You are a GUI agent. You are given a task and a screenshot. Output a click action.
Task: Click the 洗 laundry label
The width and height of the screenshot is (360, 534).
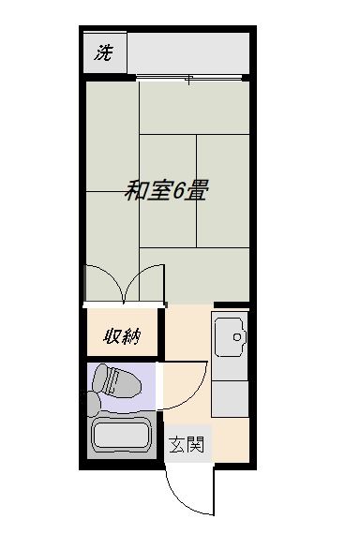tap(103, 52)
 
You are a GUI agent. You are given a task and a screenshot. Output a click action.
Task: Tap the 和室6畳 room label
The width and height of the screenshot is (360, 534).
tap(166, 190)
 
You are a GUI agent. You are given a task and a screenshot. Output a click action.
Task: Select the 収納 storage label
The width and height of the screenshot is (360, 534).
tap(122, 337)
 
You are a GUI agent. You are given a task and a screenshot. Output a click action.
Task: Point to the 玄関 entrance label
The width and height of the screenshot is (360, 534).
tap(187, 444)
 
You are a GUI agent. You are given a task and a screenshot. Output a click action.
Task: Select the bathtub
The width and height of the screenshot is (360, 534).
tap(122, 437)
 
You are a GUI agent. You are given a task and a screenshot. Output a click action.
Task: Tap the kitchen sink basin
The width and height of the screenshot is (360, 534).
tap(231, 337)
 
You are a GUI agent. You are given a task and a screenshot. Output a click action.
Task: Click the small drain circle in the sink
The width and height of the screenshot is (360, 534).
tap(237, 337)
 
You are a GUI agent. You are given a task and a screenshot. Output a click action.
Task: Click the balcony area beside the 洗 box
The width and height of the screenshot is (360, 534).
tap(188, 52)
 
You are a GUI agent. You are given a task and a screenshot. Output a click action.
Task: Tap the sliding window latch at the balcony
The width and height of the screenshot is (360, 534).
tap(188, 80)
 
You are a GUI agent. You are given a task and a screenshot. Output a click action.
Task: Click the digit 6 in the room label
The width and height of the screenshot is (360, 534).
tap(178, 191)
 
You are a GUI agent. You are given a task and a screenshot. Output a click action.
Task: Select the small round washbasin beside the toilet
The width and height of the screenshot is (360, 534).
tap(94, 404)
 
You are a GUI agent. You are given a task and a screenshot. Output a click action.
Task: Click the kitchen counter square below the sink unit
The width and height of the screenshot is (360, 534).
tap(230, 399)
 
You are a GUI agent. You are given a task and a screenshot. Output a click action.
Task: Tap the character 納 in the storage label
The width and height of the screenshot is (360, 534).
tap(131, 337)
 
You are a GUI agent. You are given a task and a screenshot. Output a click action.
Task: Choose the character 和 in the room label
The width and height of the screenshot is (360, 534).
tap(135, 190)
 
